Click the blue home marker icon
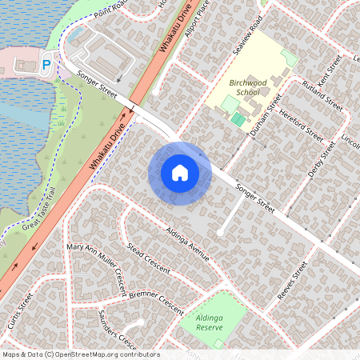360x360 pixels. pos(180,173)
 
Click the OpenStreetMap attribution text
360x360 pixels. pos(80,354)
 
